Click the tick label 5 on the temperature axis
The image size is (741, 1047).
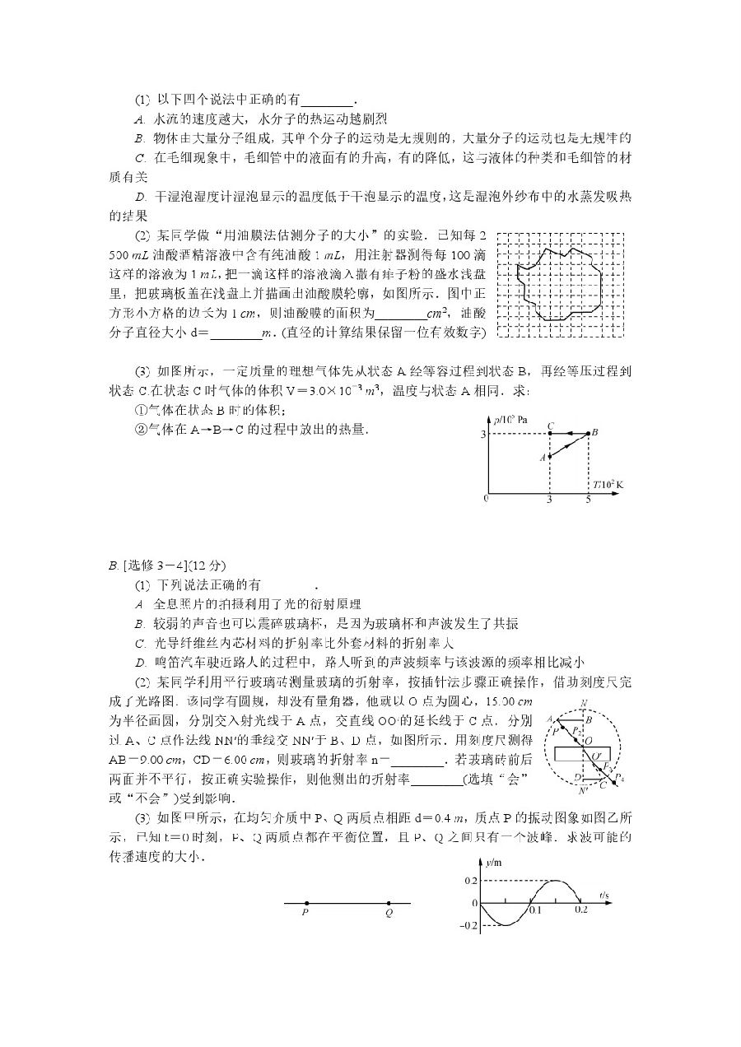click(589, 499)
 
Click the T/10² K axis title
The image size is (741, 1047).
click(608, 485)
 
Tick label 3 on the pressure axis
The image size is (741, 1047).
click(484, 433)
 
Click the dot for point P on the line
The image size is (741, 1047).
click(305, 903)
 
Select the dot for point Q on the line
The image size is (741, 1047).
click(388, 903)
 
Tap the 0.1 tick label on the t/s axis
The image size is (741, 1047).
click(536, 910)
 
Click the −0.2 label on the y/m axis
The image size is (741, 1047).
click(468, 926)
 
